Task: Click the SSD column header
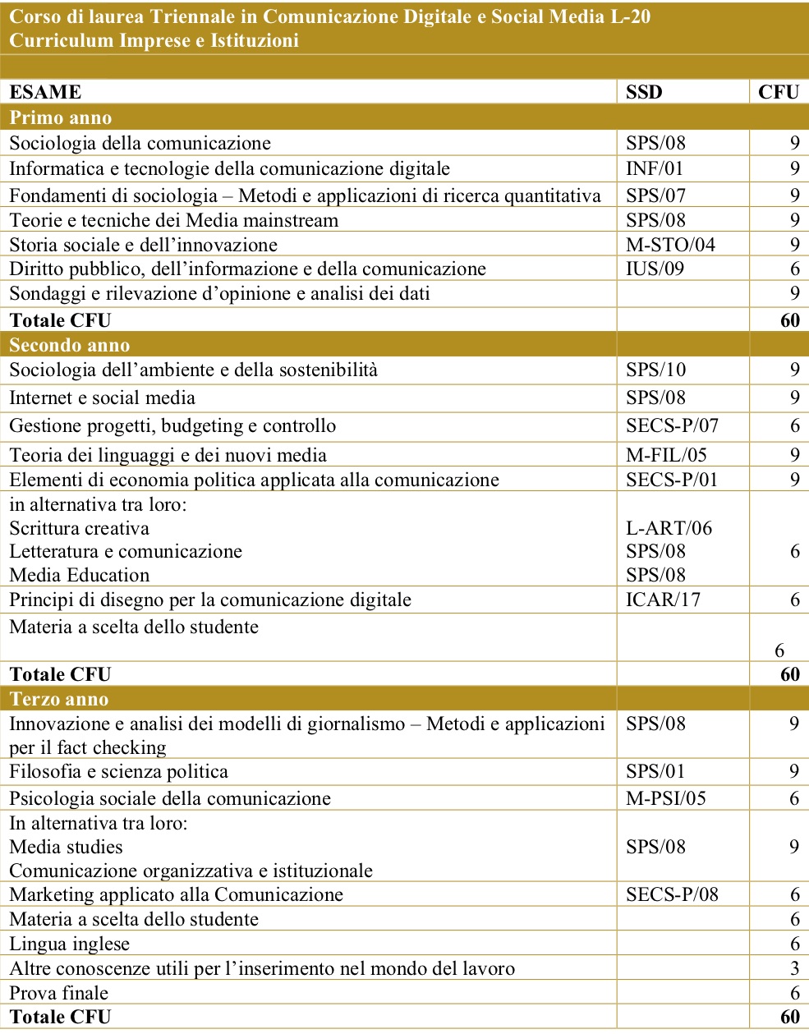click(x=644, y=92)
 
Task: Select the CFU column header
click(x=778, y=92)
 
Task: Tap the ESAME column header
click(x=45, y=92)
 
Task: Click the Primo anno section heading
click(x=60, y=117)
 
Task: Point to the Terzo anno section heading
click(x=58, y=699)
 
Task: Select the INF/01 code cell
click(x=655, y=168)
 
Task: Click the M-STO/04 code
click(x=670, y=245)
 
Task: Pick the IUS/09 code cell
click(x=655, y=269)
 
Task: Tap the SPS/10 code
click(x=655, y=370)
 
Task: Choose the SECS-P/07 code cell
click(x=672, y=425)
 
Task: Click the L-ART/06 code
click(x=669, y=528)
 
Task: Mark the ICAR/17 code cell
click(x=663, y=600)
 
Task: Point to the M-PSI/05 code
click(x=665, y=798)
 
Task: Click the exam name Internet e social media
click(x=102, y=398)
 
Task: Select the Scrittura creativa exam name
click(x=79, y=528)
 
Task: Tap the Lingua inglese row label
click(x=69, y=944)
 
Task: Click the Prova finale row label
click(x=58, y=992)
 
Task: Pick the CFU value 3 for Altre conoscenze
click(x=794, y=968)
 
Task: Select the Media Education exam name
click(x=79, y=575)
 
